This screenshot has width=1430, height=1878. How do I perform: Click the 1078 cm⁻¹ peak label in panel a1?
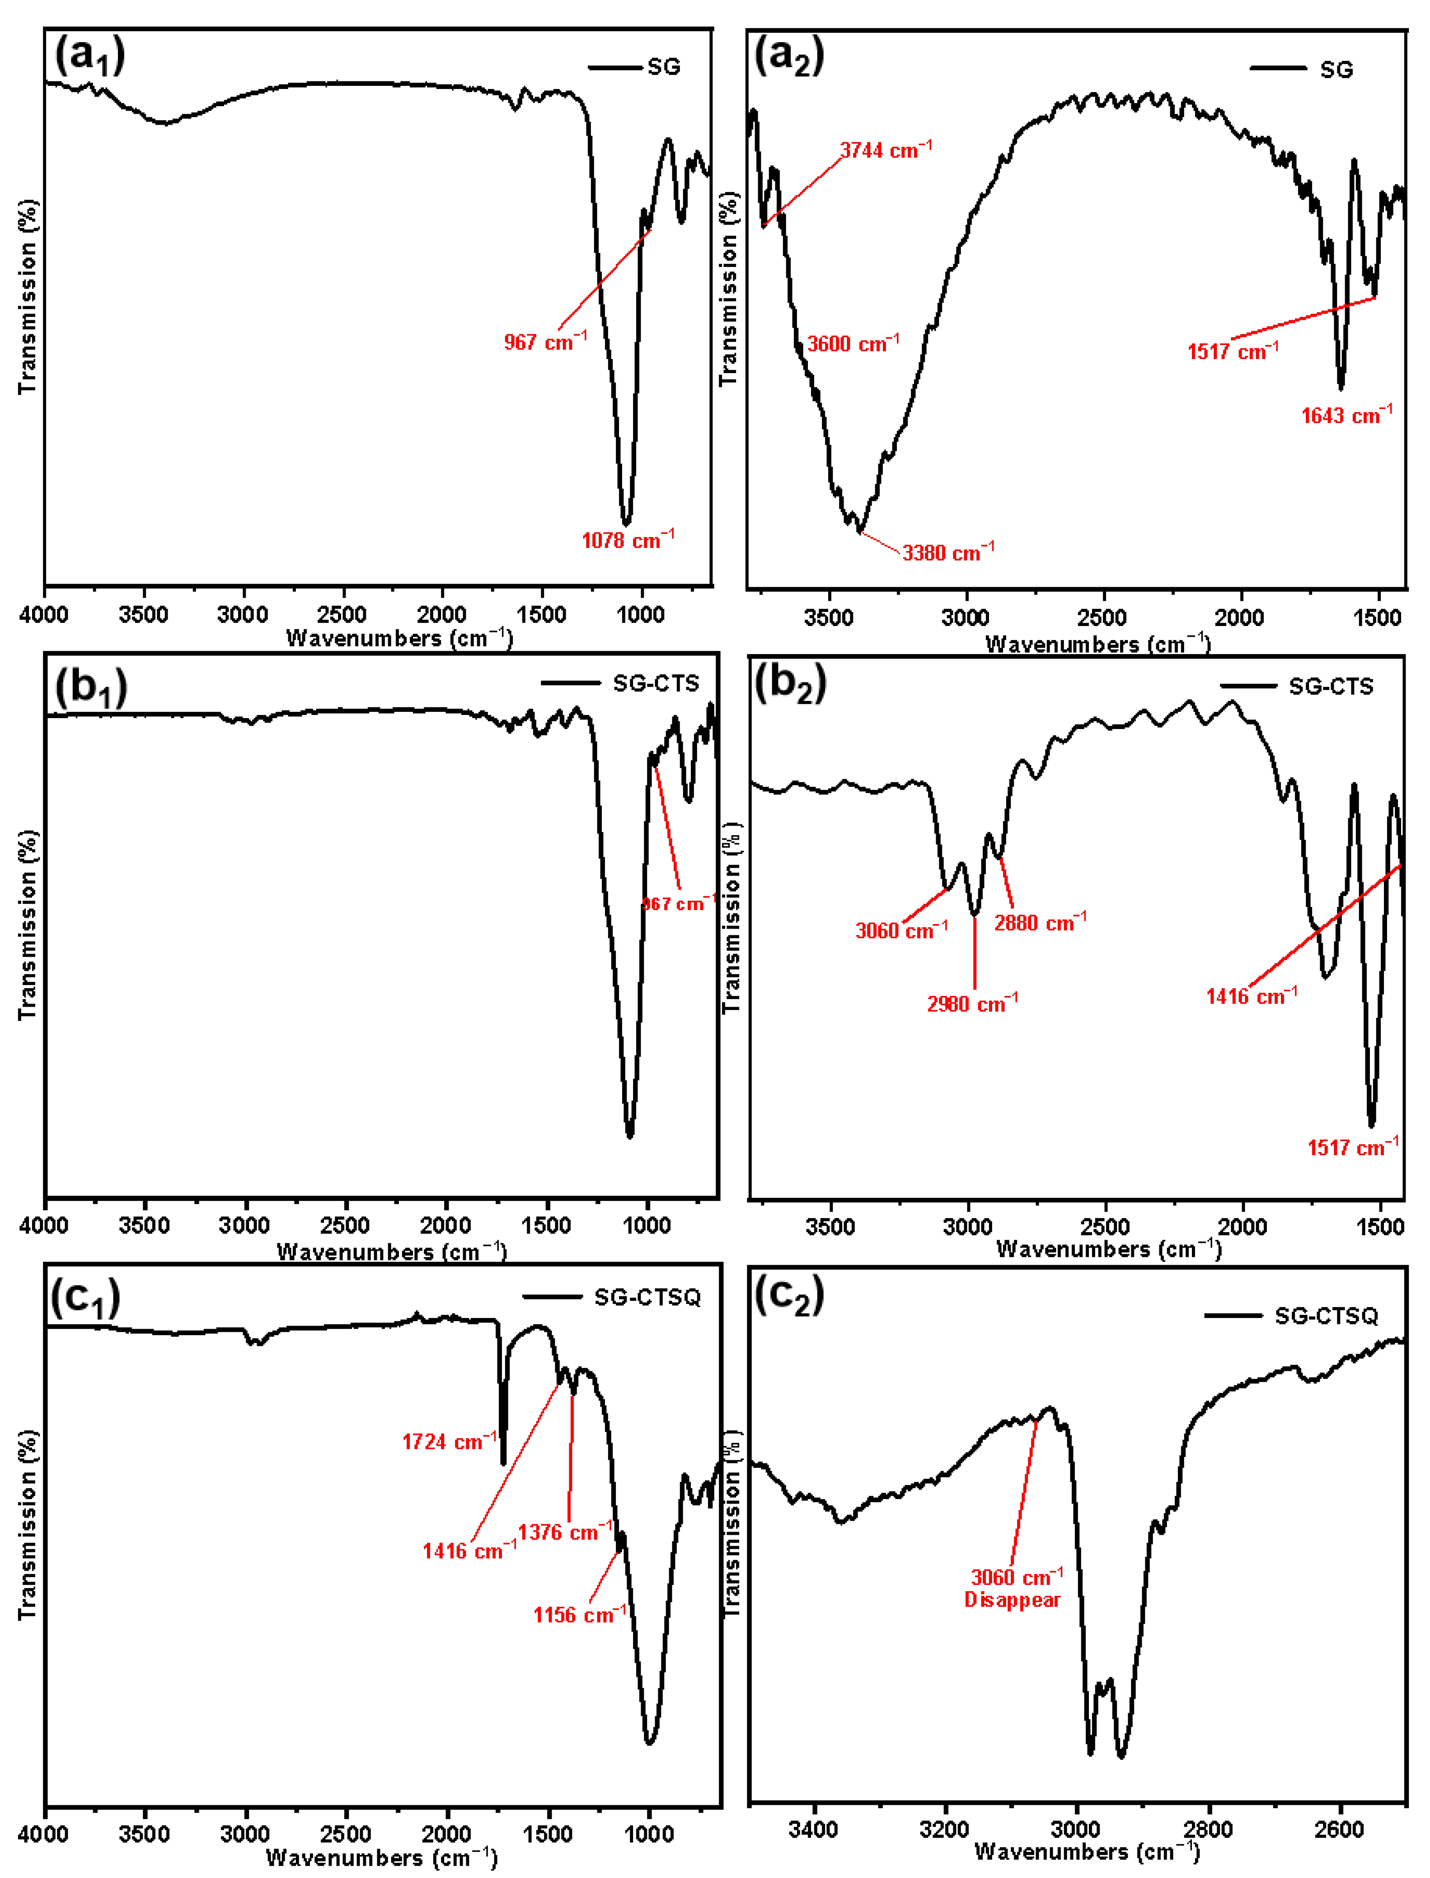click(x=627, y=540)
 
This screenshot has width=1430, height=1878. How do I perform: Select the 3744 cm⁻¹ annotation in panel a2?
click(x=885, y=150)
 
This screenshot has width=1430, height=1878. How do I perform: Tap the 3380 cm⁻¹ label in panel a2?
click(x=947, y=553)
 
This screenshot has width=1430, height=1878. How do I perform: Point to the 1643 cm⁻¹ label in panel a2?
click(x=1346, y=415)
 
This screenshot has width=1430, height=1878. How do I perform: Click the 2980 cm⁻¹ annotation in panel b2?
click(x=972, y=1004)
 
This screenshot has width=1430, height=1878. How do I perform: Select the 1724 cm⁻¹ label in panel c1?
click(x=449, y=1442)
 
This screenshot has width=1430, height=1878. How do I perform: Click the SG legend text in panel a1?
click(x=664, y=67)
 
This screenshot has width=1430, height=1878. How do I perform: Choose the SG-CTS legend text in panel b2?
click(x=1331, y=687)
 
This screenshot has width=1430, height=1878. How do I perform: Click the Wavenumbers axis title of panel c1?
click(x=381, y=1858)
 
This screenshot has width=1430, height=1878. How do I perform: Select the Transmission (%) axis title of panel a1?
click(x=28, y=296)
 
